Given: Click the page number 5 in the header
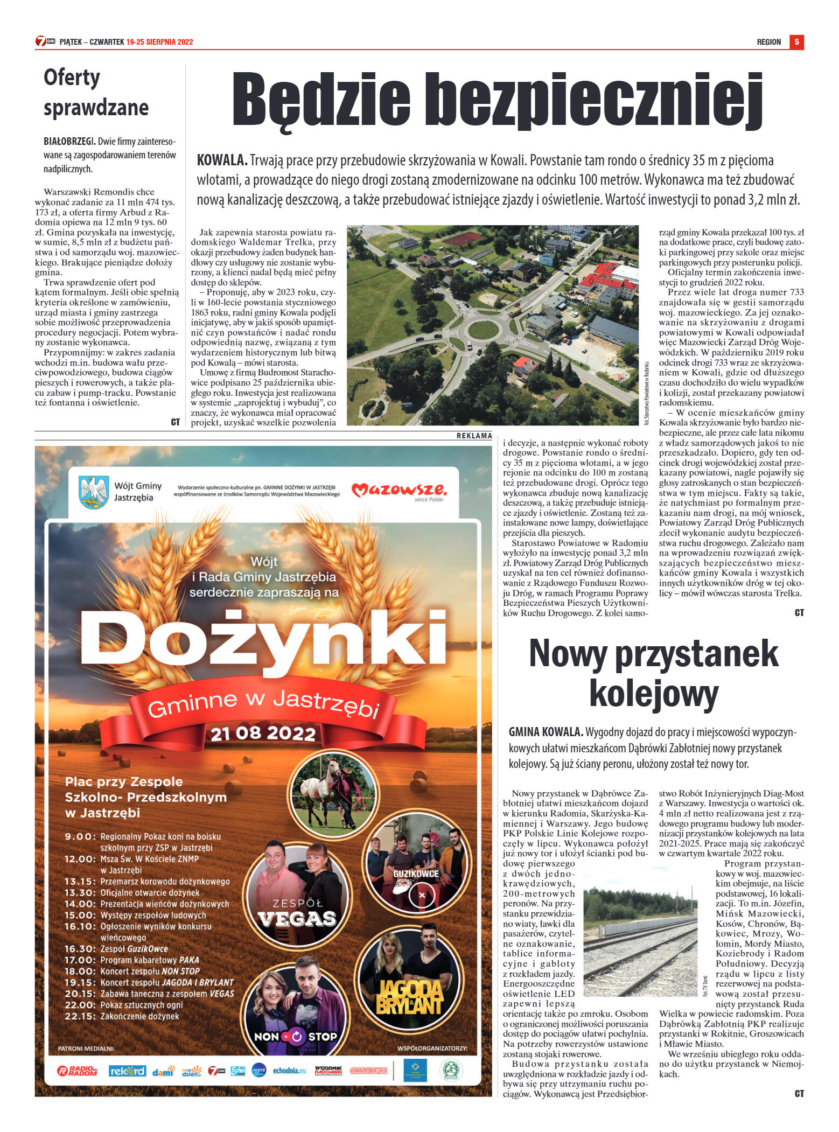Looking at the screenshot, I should [796, 42].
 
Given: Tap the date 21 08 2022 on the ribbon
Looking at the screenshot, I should [263, 733].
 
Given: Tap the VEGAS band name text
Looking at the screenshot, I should [297, 918].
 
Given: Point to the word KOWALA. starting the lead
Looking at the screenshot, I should [222, 160].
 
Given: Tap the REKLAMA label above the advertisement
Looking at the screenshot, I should [474, 436].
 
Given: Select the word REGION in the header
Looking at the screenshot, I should [768, 42].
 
